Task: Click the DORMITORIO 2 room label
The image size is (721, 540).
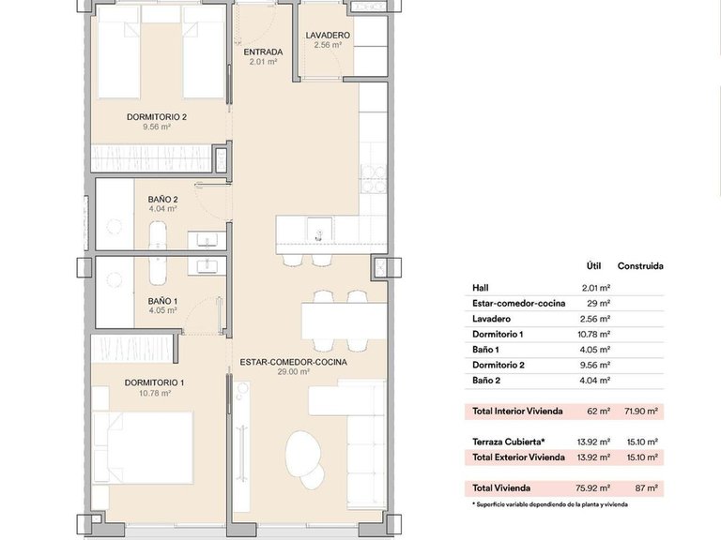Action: point(157,117)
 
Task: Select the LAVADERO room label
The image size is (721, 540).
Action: point(328,36)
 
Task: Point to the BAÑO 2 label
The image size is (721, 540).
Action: point(163,200)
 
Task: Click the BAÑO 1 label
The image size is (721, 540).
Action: point(163,301)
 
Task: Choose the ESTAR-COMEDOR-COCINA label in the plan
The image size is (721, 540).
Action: point(293,362)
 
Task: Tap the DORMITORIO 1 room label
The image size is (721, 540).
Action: point(156,382)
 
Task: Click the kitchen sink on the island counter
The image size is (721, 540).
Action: point(318,228)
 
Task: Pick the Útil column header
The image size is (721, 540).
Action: point(592,266)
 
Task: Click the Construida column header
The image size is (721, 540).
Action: point(640,266)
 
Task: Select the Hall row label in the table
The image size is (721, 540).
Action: point(481,288)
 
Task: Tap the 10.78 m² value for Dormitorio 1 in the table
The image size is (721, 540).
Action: point(596,334)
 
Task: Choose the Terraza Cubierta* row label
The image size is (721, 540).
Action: point(508,441)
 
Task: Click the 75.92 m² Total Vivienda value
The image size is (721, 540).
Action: point(595,487)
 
